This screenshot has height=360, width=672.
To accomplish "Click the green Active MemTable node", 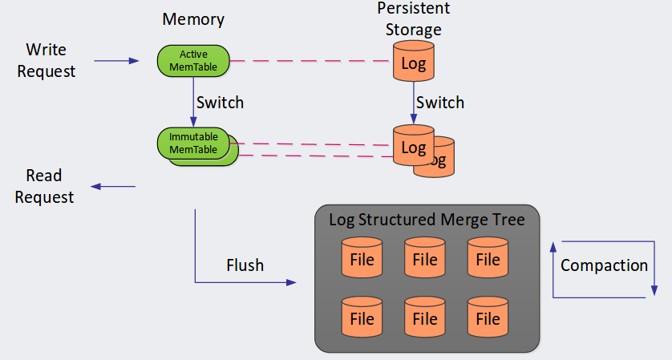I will click(193, 60).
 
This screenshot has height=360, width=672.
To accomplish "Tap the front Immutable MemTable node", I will click(192, 142).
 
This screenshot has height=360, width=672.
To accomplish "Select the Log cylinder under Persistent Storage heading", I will click(413, 62).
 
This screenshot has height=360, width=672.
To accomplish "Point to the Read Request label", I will click(44, 186).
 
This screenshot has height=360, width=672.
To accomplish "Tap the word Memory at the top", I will click(192, 18).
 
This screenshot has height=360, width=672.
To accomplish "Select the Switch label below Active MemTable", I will click(220, 103).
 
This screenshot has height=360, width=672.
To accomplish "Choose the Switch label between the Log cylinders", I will click(440, 103).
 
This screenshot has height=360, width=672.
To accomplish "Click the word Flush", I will click(245, 265).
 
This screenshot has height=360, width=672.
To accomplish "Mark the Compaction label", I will click(604, 265).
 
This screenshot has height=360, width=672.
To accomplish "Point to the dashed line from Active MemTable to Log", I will click(311, 60).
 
